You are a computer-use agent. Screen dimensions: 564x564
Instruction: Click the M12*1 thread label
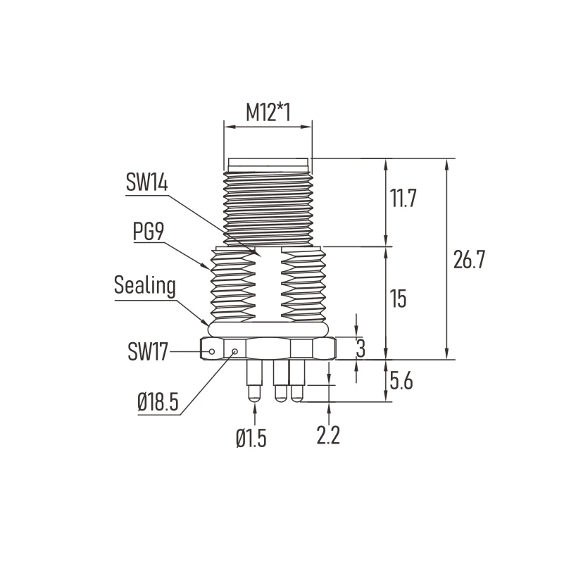[x=268, y=112]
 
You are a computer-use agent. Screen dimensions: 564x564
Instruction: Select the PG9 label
[x=149, y=231]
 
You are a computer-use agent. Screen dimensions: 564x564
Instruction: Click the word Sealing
[x=145, y=286]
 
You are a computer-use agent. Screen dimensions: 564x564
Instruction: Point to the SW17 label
[x=148, y=351]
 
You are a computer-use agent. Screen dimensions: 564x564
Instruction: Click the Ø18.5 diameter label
[x=158, y=401]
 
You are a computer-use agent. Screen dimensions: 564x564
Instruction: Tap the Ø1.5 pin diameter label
[x=251, y=439]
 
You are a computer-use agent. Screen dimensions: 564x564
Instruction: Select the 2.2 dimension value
[x=328, y=435]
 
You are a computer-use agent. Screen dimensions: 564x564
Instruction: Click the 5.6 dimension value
[x=401, y=381]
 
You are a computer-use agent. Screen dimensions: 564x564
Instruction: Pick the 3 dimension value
[x=361, y=348]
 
